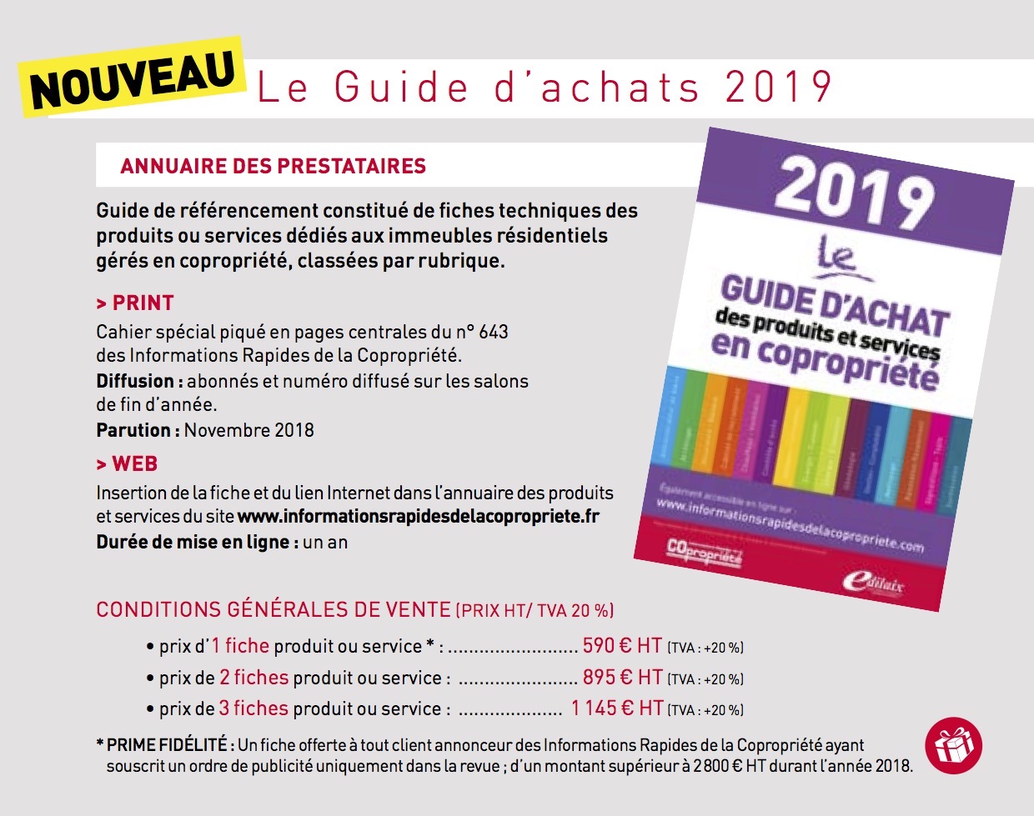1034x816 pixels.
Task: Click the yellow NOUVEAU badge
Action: (x=133, y=77)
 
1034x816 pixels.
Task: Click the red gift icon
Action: (x=953, y=744)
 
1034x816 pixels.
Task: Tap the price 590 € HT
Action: (x=621, y=646)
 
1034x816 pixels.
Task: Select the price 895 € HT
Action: (x=622, y=678)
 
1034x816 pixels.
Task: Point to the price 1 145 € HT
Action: (x=617, y=708)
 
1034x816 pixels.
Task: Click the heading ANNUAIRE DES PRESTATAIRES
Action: (x=273, y=166)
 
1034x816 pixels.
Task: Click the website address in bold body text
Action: (x=418, y=516)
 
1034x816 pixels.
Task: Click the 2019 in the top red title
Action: (x=779, y=88)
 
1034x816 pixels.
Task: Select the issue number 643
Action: (x=493, y=332)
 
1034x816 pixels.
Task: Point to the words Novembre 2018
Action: (x=248, y=430)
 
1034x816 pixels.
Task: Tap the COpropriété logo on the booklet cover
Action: (x=704, y=552)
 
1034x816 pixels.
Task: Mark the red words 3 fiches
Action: (x=253, y=708)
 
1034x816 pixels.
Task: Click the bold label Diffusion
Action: (x=135, y=381)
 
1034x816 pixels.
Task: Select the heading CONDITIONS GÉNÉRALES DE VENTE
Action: (x=274, y=609)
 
